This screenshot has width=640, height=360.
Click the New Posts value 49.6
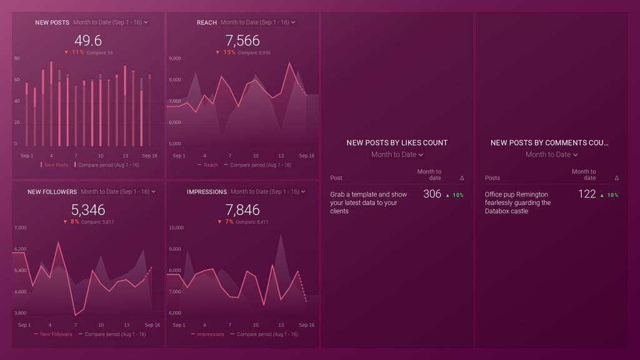pos(88,41)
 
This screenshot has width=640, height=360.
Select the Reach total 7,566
pos(242,41)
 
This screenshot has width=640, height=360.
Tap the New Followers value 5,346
pos(88,210)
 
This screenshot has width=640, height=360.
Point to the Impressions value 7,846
pos(242,210)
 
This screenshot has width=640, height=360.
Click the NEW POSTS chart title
pos(52,22)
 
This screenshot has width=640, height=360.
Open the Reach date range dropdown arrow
pos(293,22)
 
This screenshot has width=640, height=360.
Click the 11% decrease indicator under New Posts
pos(74,52)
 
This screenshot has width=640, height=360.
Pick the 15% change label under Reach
pos(226,52)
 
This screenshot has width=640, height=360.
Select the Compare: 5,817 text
pos(100,222)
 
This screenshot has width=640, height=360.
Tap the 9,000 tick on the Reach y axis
pos(175,59)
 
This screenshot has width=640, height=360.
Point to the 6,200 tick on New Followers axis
pos(20,249)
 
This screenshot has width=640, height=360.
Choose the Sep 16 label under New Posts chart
pos(149,156)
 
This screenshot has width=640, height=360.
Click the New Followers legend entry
pos(56,334)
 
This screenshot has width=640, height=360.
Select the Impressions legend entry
pos(210,334)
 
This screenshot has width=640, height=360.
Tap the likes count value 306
pos(432,194)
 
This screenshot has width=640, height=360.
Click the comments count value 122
pos(587,194)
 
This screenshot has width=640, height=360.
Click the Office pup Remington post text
pos(517,202)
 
